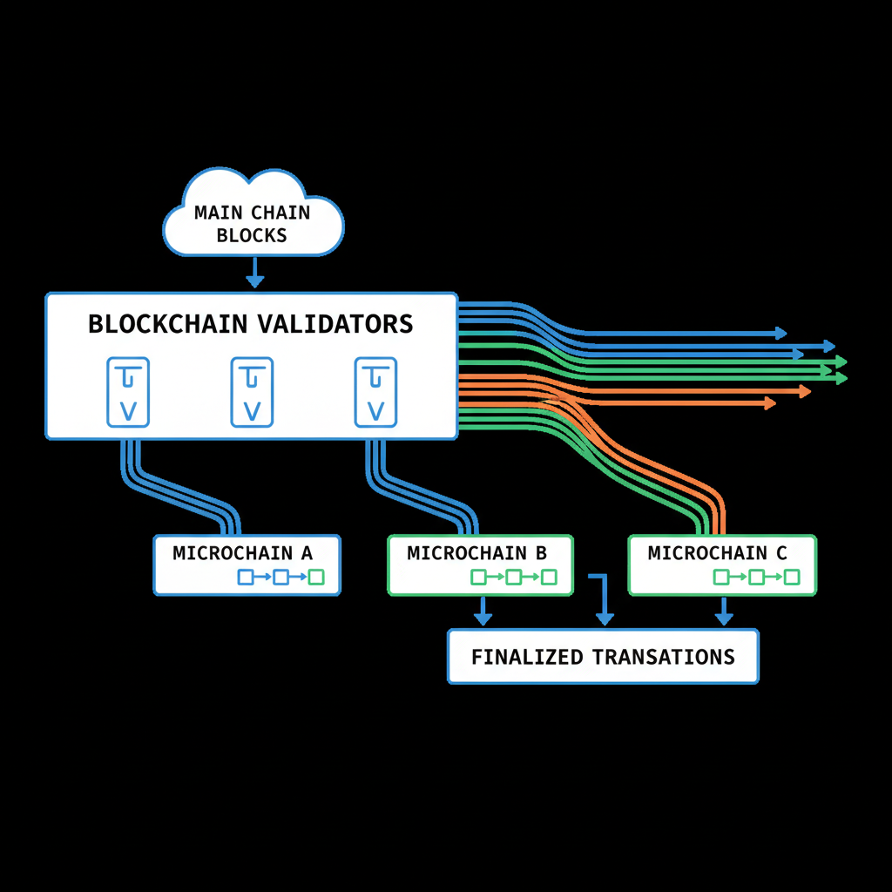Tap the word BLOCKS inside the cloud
[252, 235]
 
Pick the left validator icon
[128, 392]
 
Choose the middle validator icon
[252, 392]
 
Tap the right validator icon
[375, 392]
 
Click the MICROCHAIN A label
[242, 553]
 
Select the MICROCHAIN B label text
[476, 553]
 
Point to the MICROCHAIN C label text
[717, 553]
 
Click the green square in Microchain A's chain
[315, 577]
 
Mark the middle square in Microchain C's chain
[756, 577]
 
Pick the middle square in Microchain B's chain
[513, 577]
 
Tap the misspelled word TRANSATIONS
[663, 657]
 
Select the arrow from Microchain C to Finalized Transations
[723, 612]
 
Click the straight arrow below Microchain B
[482, 612]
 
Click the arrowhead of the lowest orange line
[769, 402]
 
